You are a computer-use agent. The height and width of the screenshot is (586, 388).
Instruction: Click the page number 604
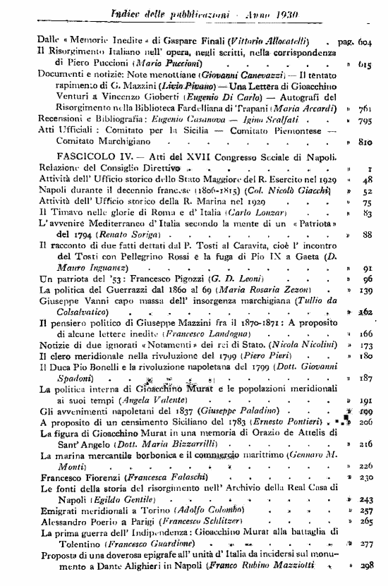point(365,42)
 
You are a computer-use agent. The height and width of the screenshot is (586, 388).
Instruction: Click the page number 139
point(365,290)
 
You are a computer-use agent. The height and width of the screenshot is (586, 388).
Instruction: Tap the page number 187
point(365,378)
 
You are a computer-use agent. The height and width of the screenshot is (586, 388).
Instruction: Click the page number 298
point(365,566)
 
